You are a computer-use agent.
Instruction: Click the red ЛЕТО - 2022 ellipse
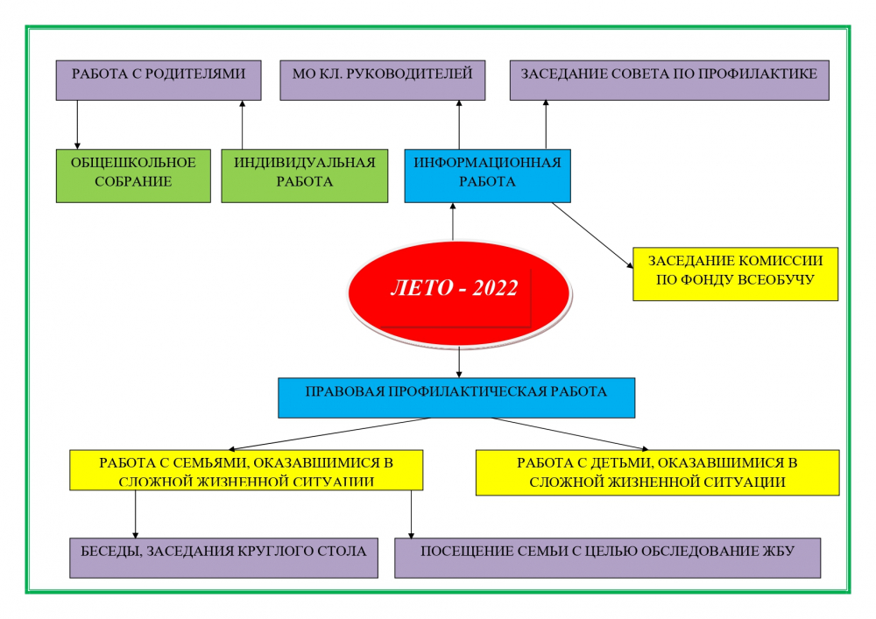coord(459,293)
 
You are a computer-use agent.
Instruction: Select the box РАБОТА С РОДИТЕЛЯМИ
coord(159,81)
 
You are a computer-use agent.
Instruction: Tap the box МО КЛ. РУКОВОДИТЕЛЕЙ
coord(383,81)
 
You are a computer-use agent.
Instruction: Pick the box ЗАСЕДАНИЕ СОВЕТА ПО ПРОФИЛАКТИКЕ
coord(669,81)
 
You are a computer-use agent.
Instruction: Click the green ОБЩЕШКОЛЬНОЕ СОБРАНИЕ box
coord(133,176)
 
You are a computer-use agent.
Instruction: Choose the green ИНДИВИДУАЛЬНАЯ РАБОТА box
coord(305,176)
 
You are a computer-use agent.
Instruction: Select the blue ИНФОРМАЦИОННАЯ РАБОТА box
coord(488,176)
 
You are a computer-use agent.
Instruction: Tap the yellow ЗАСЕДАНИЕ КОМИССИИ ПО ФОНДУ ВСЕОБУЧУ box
coord(735,274)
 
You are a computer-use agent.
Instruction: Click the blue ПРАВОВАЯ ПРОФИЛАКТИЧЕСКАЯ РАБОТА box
coord(456,398)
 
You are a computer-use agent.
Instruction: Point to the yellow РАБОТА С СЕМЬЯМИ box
coord(246,470)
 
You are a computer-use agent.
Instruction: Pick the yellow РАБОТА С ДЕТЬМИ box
coord(658,473)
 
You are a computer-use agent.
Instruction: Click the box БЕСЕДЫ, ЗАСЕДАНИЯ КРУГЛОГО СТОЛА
coord(223,559)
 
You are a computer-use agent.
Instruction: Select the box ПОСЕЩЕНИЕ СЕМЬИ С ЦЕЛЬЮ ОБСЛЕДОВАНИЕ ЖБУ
coord(608,559)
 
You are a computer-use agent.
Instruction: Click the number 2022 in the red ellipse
coord(495,288)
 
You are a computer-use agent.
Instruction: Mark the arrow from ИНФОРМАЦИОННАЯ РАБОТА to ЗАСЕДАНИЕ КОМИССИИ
coord(592,235)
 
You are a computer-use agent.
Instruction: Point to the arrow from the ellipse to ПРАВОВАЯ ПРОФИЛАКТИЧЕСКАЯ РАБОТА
coord(459,362)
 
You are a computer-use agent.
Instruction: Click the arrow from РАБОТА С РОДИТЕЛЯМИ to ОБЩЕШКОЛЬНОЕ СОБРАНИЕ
coord(77,124)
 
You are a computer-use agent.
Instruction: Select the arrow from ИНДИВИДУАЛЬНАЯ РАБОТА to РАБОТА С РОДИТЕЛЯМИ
coord(242,124)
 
